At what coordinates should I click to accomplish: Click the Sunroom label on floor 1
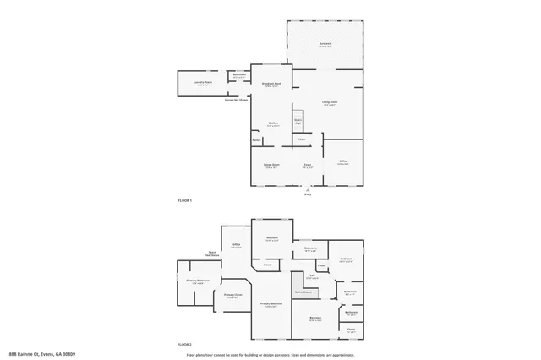[x=325, y=44]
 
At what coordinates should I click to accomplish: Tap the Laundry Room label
[x=201, y=83]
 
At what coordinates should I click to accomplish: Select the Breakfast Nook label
[x=272, y=84]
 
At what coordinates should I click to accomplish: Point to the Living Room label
[x=329, y=103]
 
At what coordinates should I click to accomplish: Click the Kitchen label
[x=273, y=124]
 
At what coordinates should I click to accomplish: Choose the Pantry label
[x=256, y=139]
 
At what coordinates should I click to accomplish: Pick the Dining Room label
[x=270, y=164]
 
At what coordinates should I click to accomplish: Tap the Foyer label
[x=308, y=164]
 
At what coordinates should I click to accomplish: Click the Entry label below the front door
[x=308, y=194]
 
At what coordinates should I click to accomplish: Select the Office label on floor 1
[x=342, y=161]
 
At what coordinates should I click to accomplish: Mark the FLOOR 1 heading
[x=185, y=200]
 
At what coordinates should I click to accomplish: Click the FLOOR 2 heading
[x=185, y=345]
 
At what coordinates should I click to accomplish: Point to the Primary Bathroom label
[x=198, y=281]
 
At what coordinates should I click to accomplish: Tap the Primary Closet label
[x=232, y=296]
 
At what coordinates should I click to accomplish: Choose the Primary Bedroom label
[x=270, y=303]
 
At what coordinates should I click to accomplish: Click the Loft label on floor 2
[x=311, y=275]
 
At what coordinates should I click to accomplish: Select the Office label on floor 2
[x=236, y=246]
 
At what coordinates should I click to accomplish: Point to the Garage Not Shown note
[x=236, y=100]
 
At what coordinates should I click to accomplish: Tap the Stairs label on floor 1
[x=298, y=121]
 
